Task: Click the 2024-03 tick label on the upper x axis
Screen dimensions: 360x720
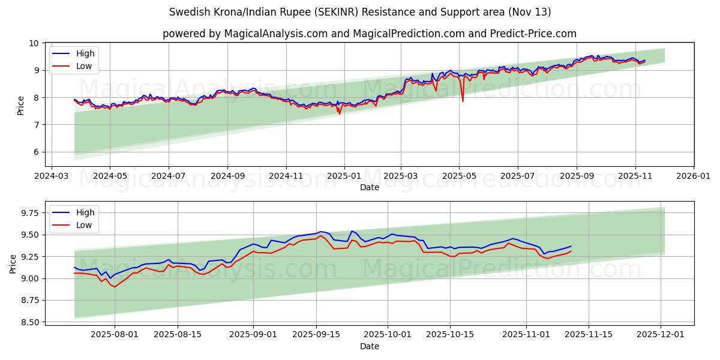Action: pos(51,176)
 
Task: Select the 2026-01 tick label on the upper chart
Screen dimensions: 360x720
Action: pos(694,176)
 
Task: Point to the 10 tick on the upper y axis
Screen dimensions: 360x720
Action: pos(34,43)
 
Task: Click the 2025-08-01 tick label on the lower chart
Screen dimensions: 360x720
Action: pos(115,335)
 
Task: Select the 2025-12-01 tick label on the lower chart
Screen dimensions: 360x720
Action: pos(661,335)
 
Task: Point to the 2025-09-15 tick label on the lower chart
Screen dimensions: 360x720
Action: pos(316,335)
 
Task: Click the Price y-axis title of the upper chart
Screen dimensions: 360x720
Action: pos(21,105)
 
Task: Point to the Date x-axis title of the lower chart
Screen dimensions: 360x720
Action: pos(370,346)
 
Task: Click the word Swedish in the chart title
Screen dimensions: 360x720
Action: pos(190,12)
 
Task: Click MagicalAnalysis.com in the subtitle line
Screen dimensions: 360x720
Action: pos(271,34)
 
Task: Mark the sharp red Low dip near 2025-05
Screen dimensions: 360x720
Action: pos(463,100)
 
